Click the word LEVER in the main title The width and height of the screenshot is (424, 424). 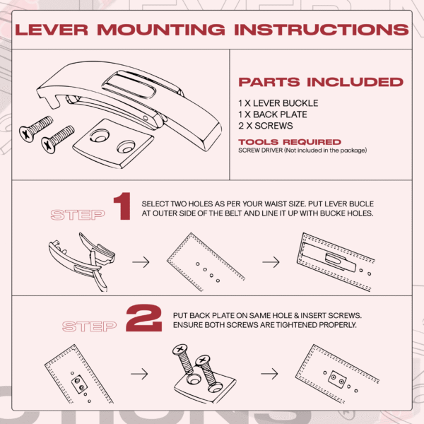point(52,30)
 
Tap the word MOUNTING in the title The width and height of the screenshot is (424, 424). point(161,30)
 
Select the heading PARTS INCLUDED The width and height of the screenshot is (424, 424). point(321,82)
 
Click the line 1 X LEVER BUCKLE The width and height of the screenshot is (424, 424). point(278,103)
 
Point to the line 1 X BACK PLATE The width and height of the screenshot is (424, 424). point(273,114)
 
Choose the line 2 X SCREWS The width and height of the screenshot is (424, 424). point(266,126)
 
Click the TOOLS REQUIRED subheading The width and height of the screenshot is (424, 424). point(290,142)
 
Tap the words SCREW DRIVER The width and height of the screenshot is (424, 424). point(260,151)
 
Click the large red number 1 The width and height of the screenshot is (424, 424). point(122,206)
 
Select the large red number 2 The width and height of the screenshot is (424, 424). point(144,318)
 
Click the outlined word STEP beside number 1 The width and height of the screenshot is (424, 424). point(78,215)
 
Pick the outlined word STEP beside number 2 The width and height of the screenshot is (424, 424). point(89,326)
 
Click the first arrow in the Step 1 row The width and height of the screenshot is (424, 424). point(141,262)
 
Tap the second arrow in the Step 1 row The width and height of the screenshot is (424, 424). point(271,262)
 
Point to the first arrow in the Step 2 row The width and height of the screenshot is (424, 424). point(139,374)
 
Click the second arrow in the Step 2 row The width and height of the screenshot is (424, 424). point(269,374)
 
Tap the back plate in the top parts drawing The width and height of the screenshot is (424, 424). point(114,143)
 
